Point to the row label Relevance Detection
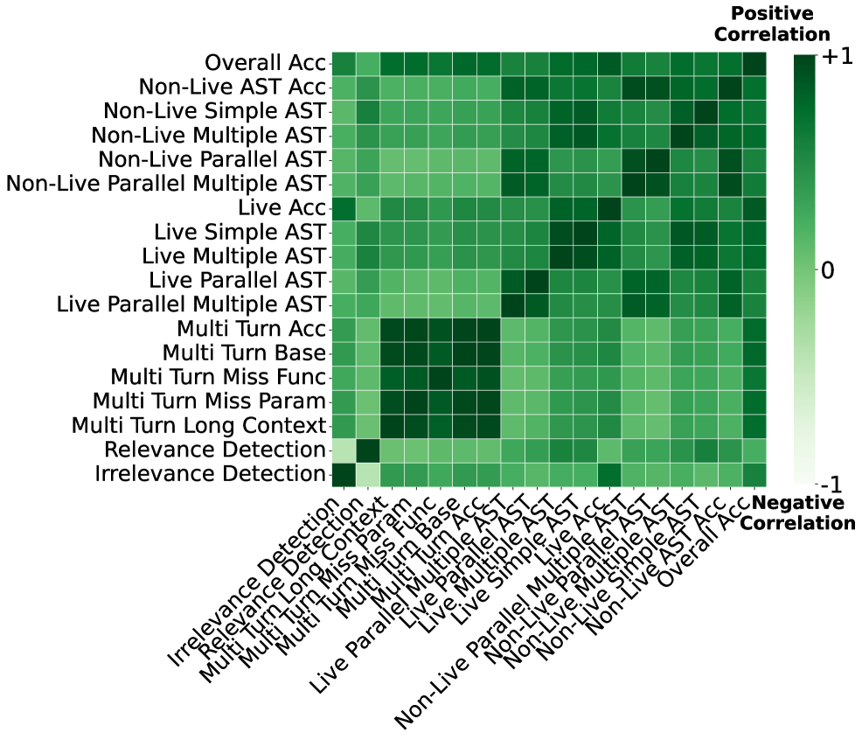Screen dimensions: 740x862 pyautogui.click(x=214, y=450)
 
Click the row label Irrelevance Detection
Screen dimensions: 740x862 pyautogui.click(x=209, y=474)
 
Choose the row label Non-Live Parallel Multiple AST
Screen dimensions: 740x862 pyautogui.click(x=165, y=185)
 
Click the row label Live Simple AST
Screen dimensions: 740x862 pyautogui.click(x=240, y=233)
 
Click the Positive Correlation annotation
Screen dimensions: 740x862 pyautogui.click(x=771, y=24)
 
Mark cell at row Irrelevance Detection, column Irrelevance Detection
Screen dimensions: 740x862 pyautogui.click(x=344, y=474)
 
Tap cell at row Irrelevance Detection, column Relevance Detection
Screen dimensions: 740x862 pyautogui.click(x=367, y=474)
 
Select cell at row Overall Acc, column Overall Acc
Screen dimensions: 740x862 pyautogui.click(x=754, y=64)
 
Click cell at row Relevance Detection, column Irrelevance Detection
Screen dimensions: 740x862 pyautogui.click(x=344, y=450)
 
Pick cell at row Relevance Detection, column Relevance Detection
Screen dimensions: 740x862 pyautogui.click(x=367, y=450)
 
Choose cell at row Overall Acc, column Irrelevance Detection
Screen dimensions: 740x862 pyautogui.click(x=344, y=64)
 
